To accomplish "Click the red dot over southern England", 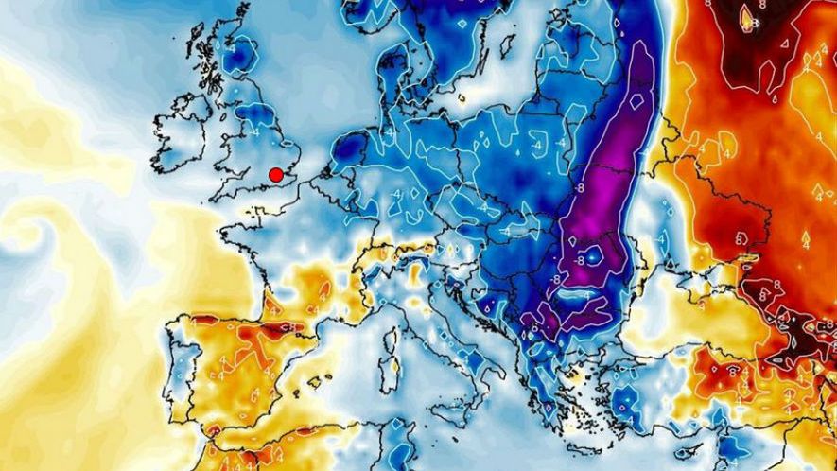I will [x=276, y=175].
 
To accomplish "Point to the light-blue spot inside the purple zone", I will [x=593, y=253].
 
